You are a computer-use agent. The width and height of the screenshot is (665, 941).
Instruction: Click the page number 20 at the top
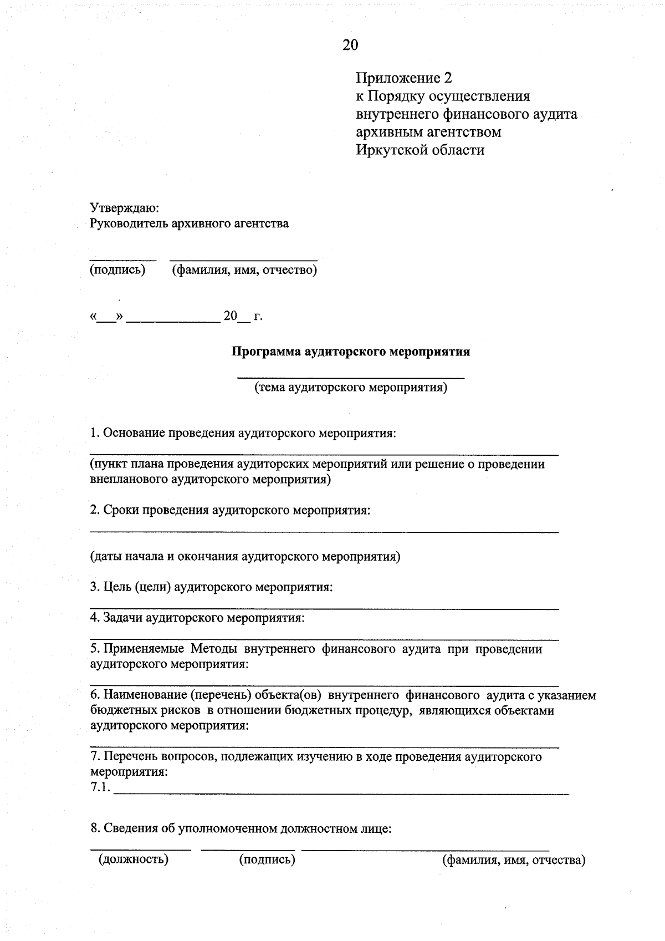coord(350,45)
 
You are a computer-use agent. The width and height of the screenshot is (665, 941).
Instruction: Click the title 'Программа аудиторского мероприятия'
coord(350,352)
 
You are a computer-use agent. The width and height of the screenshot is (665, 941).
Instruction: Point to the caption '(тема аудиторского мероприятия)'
coord(350,387)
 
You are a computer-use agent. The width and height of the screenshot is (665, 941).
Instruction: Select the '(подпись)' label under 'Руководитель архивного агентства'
coord(117,270)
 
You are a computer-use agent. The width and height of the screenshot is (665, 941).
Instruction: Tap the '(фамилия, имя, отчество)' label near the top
coord(244,270)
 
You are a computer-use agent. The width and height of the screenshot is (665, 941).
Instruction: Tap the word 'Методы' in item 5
coord(214,649)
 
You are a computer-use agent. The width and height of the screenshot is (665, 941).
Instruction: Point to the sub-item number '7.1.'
coord(100,787)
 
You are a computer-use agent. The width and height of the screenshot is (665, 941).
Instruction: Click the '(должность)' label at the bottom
coord(134,859)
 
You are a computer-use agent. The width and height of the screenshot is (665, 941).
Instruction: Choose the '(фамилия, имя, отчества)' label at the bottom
coord(513,860)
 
